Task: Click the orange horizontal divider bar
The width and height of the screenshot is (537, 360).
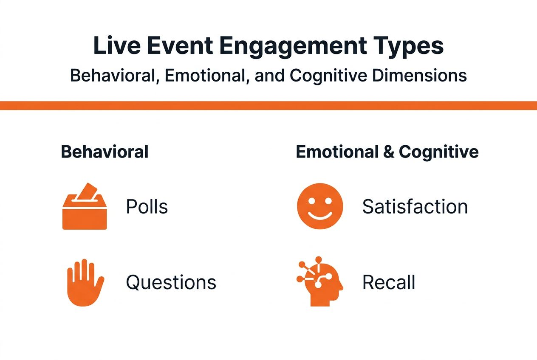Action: pyautogui.click(x=268, y=106)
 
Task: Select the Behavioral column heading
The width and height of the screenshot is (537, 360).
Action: pyautogui.click(x=105, y=152)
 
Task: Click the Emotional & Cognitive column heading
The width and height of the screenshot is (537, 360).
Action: pyautogui.click(x=387, y=152)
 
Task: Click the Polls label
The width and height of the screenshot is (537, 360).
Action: pyautogui.click(x=147, y=207)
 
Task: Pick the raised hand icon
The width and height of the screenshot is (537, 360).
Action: pyautogui.click(x=85, y=282)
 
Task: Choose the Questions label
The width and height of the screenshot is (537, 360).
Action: pyautogui.click(x=171, y=282)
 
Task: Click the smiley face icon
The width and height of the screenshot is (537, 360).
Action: pyautogui.click(x=320, y=206)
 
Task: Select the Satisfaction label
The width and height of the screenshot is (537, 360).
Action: pyautogui.click(x=415, y=207)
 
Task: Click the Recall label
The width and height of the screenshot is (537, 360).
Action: pyautogui.click(x=388, y=282)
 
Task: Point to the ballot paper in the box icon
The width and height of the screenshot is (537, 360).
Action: pyautogui.click(x=87, y=190)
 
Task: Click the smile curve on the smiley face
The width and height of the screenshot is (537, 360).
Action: pyautogui.click(x=320, y=215)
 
